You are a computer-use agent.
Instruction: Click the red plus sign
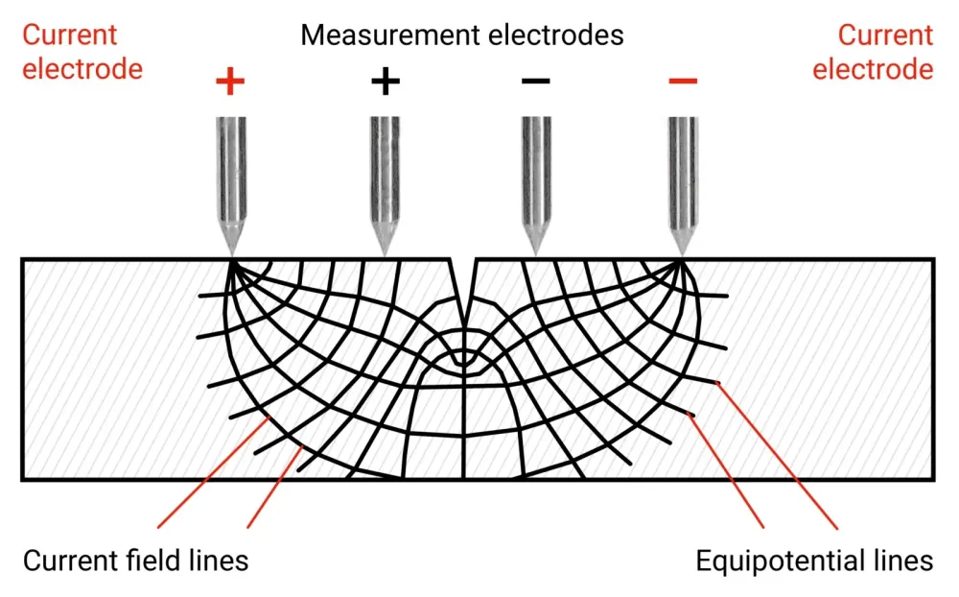click(230, 83)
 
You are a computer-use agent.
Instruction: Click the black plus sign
click(385, 82)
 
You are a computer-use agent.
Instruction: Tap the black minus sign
click(536, 82)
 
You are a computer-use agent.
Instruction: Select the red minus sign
click(682, 82)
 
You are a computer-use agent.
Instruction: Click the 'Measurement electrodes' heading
click(462, 36)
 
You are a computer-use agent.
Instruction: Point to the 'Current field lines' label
click(135, 561)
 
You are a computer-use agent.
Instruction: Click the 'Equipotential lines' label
click(814, 561)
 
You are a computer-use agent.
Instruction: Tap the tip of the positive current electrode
click(231, 256)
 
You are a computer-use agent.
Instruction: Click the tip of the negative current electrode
click(682, 256)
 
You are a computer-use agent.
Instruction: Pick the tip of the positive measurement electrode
click(385, 256)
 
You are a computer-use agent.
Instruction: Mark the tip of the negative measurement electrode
click(536, 256)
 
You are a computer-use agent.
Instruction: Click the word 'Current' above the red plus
click(70, 36)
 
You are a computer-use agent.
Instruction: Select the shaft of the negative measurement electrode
click(536, 168)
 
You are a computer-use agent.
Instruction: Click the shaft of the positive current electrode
click(231, 168)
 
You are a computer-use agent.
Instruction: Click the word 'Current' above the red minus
click(886, 36)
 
